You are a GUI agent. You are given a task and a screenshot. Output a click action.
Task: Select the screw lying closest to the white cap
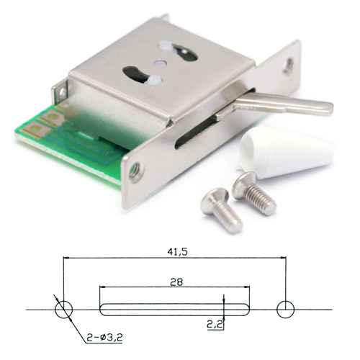pyautogui.click(x=254, y=193)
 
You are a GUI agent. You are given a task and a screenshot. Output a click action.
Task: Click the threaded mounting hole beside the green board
pyautogui.click(x=136, y=170)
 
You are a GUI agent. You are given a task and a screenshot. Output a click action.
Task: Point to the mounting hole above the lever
pyautogui.click(x=287, y=65)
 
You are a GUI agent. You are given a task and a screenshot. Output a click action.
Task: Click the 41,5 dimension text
pyautogui.click(x=177, y=252)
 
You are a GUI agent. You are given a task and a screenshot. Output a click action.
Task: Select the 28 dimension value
pyautogui.click(x=176, y=282)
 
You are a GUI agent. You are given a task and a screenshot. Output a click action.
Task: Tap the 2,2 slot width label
pyautogui.click(x=215, y=325)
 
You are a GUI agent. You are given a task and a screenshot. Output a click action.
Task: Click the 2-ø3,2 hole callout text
pyautogui.click(x=104, y=338)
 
